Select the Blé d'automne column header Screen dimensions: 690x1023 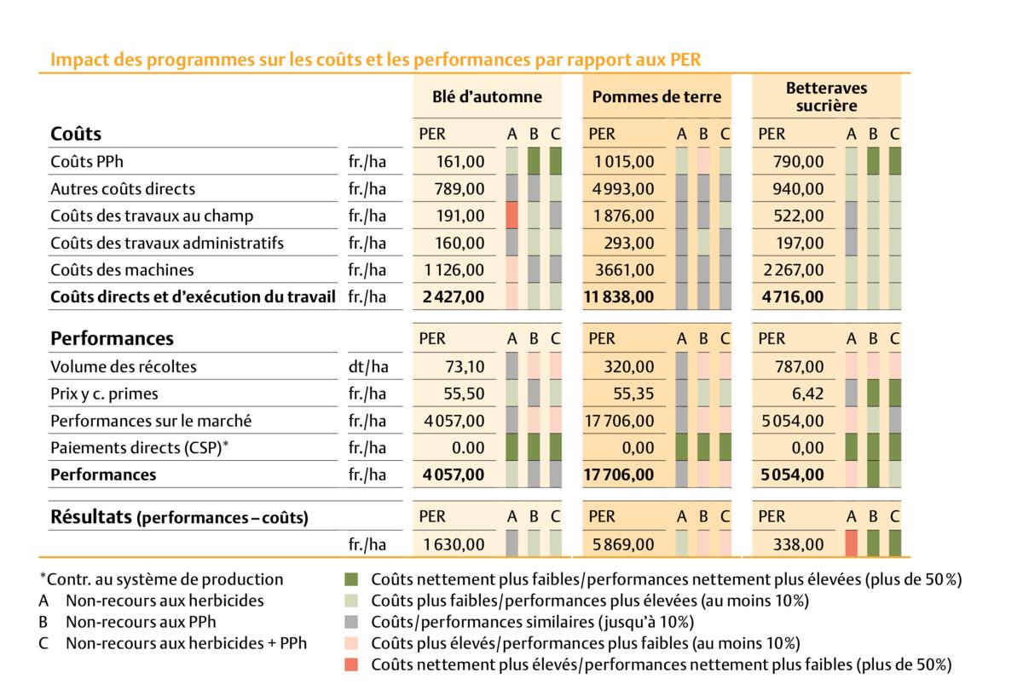click(487, 96)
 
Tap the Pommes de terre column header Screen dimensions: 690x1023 click(656, 96)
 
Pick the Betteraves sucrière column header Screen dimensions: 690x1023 click(826, 96)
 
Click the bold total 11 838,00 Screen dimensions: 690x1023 click(619, 297)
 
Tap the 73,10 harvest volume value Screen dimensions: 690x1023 click(465, 366)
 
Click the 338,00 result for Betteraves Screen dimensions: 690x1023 click(802, 543)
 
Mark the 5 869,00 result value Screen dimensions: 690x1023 click(626, 543)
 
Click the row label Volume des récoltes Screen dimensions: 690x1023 click(124, 366)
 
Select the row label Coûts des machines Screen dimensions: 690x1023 click(122, 270)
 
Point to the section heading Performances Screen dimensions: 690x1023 click(112, 338)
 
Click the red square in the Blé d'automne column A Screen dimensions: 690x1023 click(511, 216)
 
